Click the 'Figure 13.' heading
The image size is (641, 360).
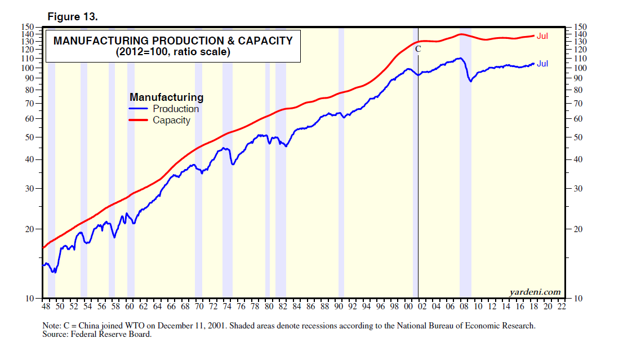coord(73,17)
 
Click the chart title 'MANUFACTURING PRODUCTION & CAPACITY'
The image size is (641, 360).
coord(173,41)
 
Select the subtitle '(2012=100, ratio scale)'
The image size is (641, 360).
coord(173,52)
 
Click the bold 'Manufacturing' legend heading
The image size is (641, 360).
coord(166,97)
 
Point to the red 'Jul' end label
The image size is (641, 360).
coord(542,36)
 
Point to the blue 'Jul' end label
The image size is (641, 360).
coord(542,64)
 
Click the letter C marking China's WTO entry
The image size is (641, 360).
coord(418,50)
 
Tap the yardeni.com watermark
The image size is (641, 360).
coord(535,292)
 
